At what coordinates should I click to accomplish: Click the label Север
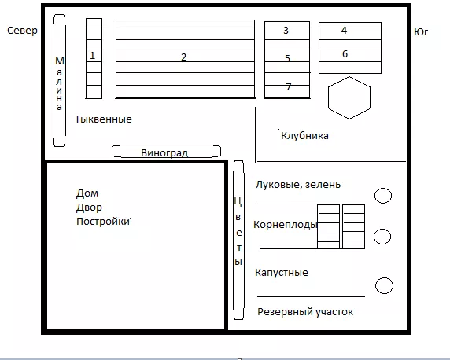[x=22, y=31]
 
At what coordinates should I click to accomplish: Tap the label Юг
[x=421, y=32]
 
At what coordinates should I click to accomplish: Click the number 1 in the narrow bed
[x=92, y=55]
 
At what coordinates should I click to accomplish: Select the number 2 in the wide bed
[x=183, y=57]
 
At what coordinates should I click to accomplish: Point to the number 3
[x=286, y=31]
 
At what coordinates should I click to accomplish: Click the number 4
[x=344, y=30]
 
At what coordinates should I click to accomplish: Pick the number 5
[x=288, y=58]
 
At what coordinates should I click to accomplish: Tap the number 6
[x=345, y=54]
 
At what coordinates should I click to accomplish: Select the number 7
[x=289, y=86]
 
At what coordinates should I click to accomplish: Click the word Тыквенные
[x=103, y=119]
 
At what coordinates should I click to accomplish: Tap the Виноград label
[x=164, y=153]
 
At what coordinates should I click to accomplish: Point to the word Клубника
[x=304, y=136]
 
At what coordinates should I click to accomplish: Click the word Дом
[x=87, y=193]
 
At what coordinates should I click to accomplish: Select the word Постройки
[x=103, y=222]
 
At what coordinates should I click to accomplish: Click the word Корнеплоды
[x=285, y=225]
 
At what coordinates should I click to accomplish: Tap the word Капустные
[x=282, y=272]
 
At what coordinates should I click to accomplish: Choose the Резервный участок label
[x=305, y=312]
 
